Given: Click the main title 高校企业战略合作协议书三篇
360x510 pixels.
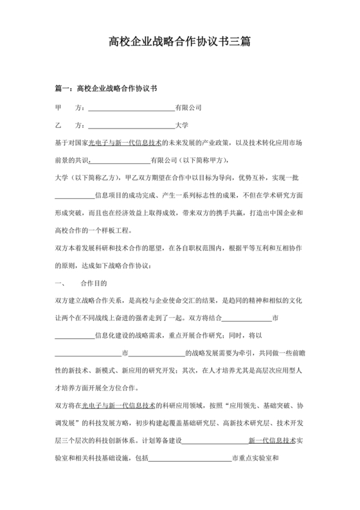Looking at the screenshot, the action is (x=180, y=42).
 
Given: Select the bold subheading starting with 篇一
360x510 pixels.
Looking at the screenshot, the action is (x=107, y=87).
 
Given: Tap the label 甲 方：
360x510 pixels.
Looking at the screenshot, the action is (x=70, y=107).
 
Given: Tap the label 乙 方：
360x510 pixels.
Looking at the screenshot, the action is (x=70, y=125).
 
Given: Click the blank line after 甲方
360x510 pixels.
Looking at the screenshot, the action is (x=130, y=107).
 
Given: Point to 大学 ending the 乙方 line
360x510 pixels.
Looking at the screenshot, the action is (x=182, y=125).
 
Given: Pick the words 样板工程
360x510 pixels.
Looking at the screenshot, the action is (x=116, y=230).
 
